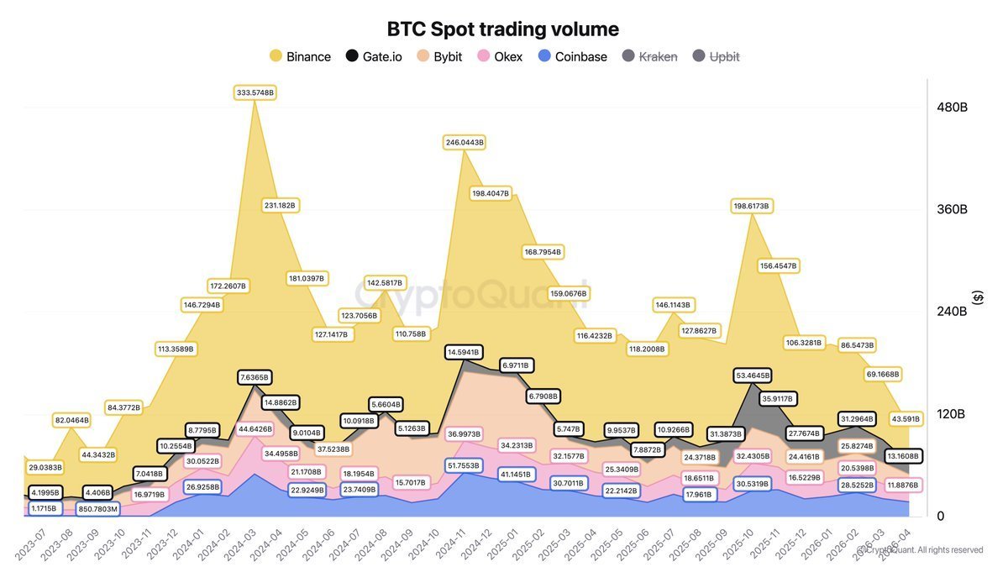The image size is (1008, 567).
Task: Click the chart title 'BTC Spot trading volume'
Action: click(x=502, y=29)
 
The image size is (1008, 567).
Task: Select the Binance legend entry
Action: click(x=300, y=57)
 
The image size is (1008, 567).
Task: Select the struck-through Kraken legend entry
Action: click(x=648, y=57)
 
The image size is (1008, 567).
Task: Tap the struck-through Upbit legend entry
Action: click(x=716, y=57)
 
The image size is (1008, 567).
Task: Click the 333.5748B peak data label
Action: click(x=255, y=92)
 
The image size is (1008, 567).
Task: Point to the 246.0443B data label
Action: click(x=464, y=143)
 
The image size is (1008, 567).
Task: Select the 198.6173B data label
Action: click(x=751, y=206)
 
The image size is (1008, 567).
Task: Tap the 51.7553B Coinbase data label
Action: click(x=464, y=465)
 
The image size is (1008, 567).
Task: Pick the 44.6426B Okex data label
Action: click(x=255, y=429)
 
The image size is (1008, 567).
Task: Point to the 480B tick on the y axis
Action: click(x=953, y=108)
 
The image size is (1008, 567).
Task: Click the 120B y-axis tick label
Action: click(x=953, y=414)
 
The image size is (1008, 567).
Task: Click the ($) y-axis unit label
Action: click(x=977, y=298)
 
